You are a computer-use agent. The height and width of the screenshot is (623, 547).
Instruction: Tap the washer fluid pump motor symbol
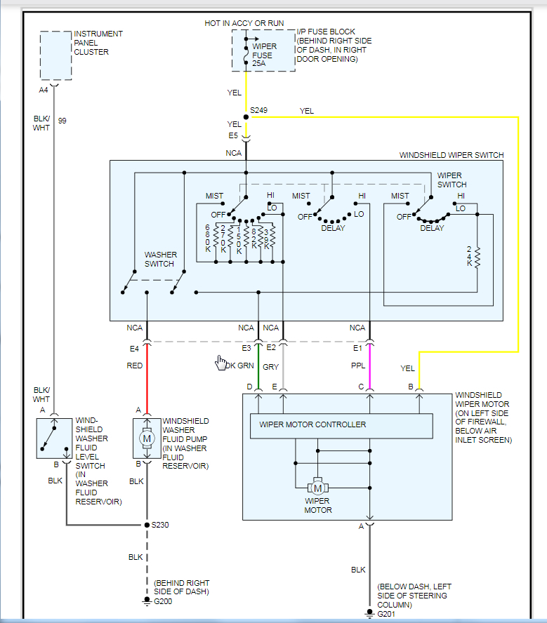pyautogui.click(x=147, y=438)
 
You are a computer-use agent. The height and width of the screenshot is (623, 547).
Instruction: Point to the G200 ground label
pyautogui.click(x=163, y=601)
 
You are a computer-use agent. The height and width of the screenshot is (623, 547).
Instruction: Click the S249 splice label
pyautogui.click(x=258, y=111)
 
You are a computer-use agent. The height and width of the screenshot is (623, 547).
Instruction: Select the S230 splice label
pyautogui.click(x=161, y=525)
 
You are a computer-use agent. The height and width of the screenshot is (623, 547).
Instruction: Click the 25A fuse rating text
pyautogui.click(x=259, y=64)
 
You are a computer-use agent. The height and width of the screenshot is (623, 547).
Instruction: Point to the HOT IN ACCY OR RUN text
pyautogui.click(x=244, y=23)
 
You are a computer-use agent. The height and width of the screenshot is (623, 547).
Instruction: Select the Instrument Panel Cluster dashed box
pyautogui.click(x=55, y=56)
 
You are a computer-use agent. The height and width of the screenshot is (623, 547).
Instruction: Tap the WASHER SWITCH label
pyautogui.click(x=159, y=260)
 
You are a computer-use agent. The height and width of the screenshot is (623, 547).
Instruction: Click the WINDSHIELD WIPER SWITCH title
pyautogui.click(x=451, y=155)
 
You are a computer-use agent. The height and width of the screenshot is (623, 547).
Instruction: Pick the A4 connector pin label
pyautogui.click(x=44, y=91)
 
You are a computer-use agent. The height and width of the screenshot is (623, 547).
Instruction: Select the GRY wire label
pyautogui.click(x=270, y=366)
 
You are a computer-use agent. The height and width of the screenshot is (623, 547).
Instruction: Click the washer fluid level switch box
pyautogui.click(x=54, y=438)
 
